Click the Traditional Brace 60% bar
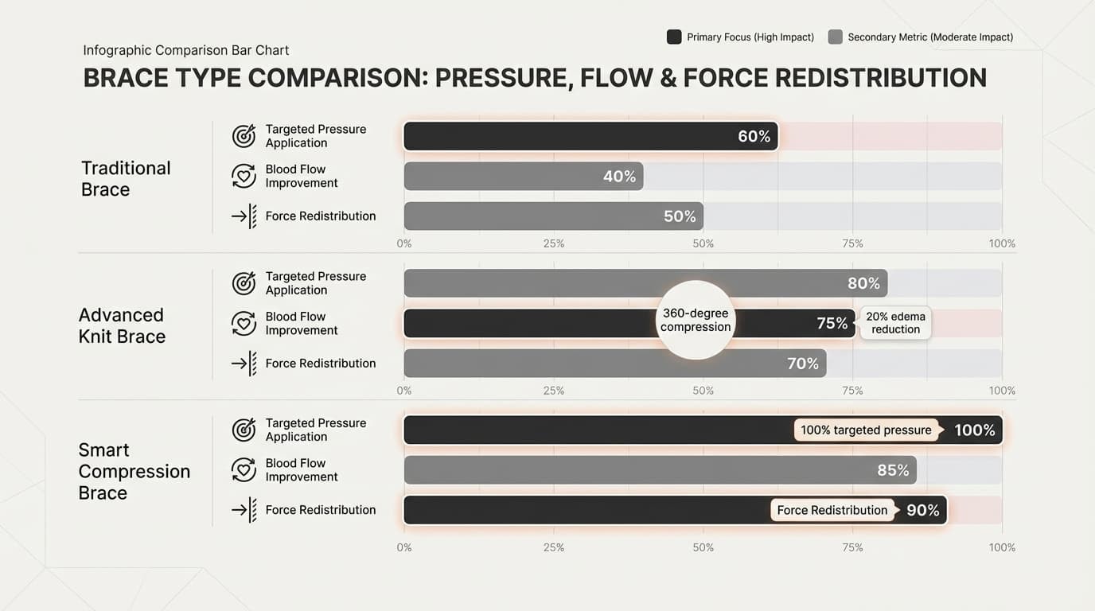(589, 136)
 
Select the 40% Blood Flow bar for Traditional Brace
(523, 176)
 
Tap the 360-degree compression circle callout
(696, 320)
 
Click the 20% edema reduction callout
(895, 323)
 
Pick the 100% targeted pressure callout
(866, 430)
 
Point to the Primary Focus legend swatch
(674, 37)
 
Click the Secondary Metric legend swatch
(835, 37)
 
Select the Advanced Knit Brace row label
(122, 325)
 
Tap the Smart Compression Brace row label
(134, 471)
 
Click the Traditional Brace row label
(126, 178)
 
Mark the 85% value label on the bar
(892, 470)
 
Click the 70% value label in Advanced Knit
(802, 364)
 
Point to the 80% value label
(863, 283)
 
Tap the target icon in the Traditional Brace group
(244, 136)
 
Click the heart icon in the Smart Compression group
(244, 469)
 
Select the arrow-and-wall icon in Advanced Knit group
(244, 363)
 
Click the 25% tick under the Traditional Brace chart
(553, 243)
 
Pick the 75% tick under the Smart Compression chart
(852, 547)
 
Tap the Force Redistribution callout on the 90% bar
(832, 510)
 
